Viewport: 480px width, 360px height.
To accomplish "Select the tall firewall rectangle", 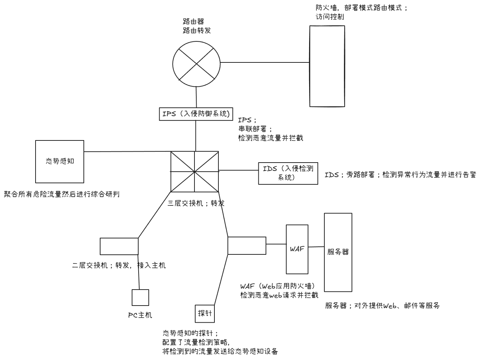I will pos(327,66).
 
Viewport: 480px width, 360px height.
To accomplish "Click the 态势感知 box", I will pos(60,161).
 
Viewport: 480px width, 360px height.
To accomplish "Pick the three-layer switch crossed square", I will pos(194,171).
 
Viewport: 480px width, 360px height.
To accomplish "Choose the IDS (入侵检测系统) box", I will pos(288,173).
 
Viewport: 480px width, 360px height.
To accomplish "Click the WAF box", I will pos(297,249).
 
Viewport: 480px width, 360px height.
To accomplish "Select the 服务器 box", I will pos(338,252).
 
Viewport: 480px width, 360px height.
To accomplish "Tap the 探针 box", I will pos(205,313).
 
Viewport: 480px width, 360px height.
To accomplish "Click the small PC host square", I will pos(140,298).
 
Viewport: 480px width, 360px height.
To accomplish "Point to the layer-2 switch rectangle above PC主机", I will pos(119,246).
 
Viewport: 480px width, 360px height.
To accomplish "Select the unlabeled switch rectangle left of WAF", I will pos(247,245).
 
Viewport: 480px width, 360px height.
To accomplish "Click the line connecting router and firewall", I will pos(265,62).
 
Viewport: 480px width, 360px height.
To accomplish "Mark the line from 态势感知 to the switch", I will pos(127,152).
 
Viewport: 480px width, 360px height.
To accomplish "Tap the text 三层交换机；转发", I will pos(196,203).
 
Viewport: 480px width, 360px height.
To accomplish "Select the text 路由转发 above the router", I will pos(197,31).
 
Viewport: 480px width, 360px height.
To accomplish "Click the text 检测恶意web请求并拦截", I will pos(279,295).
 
